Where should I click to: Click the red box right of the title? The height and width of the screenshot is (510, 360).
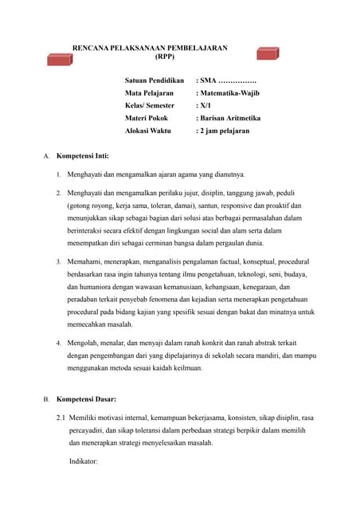coord(268,53)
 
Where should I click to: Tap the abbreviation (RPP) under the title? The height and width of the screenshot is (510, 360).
coord(165,57)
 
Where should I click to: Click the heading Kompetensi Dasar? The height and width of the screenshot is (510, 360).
coord(91,398)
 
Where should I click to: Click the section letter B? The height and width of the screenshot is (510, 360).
coord(46,398)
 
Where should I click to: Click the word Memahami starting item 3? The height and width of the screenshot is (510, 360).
coord(86,261)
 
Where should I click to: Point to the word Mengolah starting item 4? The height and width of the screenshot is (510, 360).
coord(84,343)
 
